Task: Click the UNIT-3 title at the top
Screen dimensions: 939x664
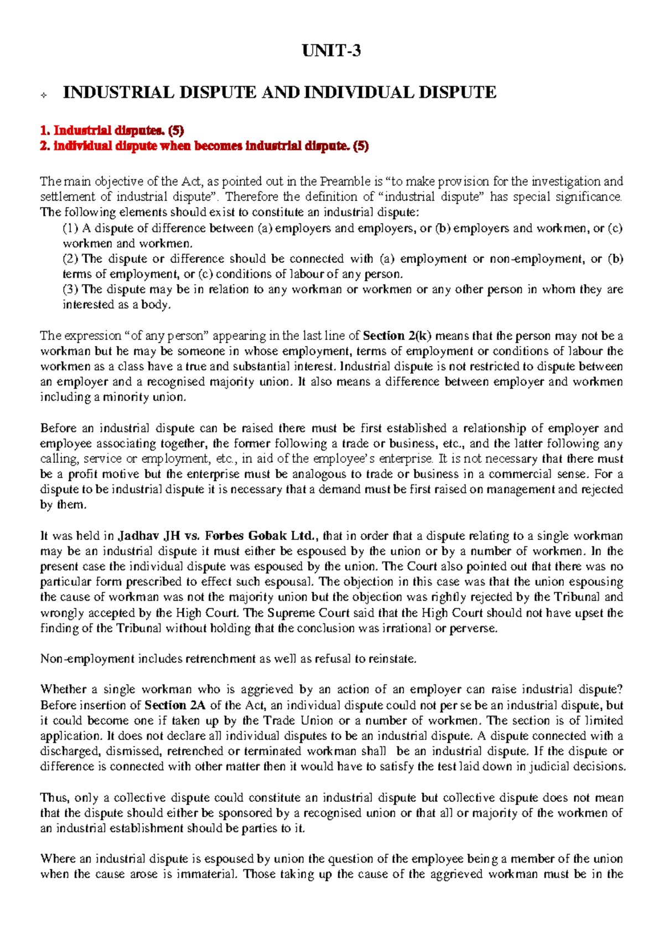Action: [331, 51]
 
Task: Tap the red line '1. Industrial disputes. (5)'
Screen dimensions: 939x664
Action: [112, 131]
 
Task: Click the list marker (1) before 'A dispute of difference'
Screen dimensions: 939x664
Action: [71, 228]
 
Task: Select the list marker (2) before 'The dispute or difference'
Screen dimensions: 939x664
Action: [71, 259]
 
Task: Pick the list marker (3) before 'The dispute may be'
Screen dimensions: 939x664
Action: [71, 289]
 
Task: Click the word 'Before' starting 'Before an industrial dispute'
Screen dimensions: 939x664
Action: [57, 428]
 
